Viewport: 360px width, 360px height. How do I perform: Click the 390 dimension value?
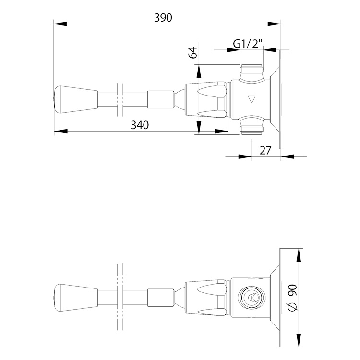tap(163, 18)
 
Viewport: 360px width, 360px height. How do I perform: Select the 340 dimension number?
tap(140, 125)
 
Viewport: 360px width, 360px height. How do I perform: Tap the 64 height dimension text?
tap(192, 52)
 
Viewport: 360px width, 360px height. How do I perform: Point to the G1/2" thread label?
tap(248, 44)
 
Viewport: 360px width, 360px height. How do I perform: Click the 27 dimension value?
tap(265, 150)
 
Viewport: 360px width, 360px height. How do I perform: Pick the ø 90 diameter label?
tap(293, 298)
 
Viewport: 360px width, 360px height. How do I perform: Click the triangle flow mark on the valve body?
tap(252, 99)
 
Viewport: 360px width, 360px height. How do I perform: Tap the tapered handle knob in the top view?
tap(76, 100)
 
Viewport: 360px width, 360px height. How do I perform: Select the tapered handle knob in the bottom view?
tap(76, 298)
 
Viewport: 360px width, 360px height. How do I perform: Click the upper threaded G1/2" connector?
tap(251, 69)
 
